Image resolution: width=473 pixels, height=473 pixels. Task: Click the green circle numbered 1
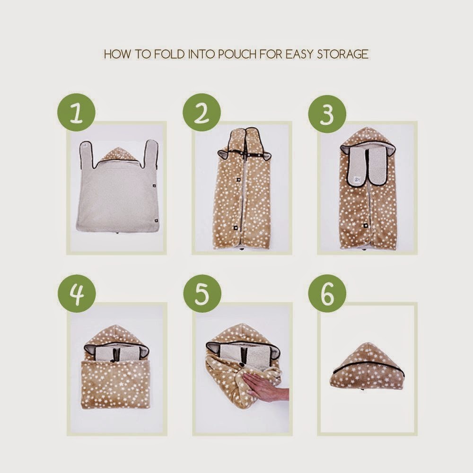[x=76, y=112]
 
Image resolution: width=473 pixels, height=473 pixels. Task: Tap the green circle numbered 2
[x=201, y=112]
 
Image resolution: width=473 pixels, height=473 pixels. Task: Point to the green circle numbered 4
[x=77, y=293]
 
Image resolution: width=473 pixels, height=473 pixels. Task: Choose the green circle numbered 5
[x=202, y=293]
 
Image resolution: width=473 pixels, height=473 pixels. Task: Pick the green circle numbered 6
[x=327, y=293]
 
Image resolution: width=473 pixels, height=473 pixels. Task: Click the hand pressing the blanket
[x=266, y=386]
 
